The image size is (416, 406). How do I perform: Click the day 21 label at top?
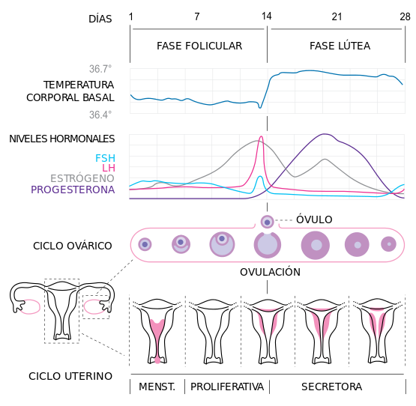coord(337,16)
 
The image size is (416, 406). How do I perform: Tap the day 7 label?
coord(197,16)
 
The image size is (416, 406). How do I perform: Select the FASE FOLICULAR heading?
coord(199,46)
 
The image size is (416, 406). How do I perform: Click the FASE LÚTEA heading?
coord(340,46)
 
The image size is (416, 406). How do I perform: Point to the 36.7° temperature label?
coord(100,69)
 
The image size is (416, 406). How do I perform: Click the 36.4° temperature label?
coord(100,115)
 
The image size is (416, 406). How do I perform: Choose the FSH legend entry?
coord(105,158)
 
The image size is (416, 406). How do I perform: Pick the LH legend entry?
coord(109,169)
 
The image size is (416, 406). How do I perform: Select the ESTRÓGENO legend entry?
coord(82,179)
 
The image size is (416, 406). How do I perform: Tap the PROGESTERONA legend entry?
coord(73,190)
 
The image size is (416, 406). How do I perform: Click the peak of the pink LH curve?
coord(260,137)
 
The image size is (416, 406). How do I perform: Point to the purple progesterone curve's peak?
coord(325,134)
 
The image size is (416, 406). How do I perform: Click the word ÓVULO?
coord(314,219)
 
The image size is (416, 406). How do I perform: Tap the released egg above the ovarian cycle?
coord(267,221)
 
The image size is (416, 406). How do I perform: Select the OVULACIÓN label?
coord(270,272)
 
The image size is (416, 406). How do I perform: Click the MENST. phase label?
coord(157,387)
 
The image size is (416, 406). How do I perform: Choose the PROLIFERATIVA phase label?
coord(227,387)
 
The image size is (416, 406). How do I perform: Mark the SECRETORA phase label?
coord(331,387)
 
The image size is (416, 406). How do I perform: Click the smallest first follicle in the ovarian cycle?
coord(145,244)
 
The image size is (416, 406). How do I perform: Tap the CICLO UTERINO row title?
coord(70,376)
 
